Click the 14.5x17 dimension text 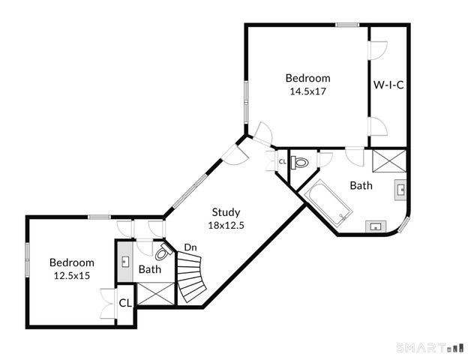pyautogui.click(x=307, y=91)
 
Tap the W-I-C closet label pyautogui.click(x=388, y=85)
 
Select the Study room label pyautogui.click(x=226, y=211)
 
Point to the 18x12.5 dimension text pyautogui.click(x=226, y=224)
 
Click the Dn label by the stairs pyautogui.click(x=190, y=247)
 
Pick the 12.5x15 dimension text pyautogui.click(x=72, y=275)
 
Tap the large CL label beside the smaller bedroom pyautogui.click(x=125, y=303)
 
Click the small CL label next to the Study pyautogui.click(x=282, y=161)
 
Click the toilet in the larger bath pyautogui.click(x=301, y=162)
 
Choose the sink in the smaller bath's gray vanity pyautogui.click(x=125, y=261)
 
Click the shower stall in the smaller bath pyautogui.click(x=154, y=292)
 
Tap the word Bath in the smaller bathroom pyautogui.click(x=150, y=269)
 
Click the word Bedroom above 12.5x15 pyautogui.click(x=72, y=262)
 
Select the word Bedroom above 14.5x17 pyautogui.click(x=307, y=78)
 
